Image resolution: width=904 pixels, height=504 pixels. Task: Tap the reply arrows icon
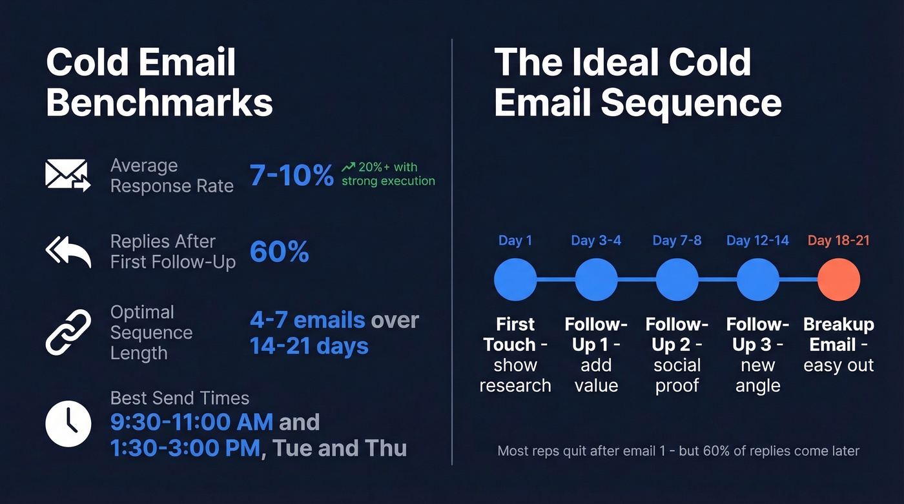[x=68, y=252]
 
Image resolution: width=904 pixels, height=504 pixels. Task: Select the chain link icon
[x=68, y=332]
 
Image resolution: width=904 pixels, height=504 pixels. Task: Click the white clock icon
[x=68, y=423]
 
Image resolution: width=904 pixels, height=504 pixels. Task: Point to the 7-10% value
[x=291, y=175]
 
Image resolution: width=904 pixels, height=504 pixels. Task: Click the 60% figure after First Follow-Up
[x=279, y=252]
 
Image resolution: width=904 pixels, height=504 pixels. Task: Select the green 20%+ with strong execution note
[x=388, y=174]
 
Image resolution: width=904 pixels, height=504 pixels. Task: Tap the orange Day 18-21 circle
[x=838, y=280]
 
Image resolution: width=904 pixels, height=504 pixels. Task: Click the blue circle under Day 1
[x=515, y=280]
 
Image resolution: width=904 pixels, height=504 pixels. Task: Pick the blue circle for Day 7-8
[x=677, y=280]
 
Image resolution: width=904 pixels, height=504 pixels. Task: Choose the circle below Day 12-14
[x=757, y=280]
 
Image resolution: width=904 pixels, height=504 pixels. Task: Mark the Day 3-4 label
[x=595, y=241]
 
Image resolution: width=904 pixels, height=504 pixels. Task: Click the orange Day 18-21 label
[x=838, y=241]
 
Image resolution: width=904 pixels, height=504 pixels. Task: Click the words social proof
[x=677, y=375]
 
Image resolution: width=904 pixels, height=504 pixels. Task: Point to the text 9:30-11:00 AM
[x=192, y=422]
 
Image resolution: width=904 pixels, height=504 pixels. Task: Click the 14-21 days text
[x=309, y=346]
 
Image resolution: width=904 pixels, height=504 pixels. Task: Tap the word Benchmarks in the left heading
[x=159, y=103]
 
